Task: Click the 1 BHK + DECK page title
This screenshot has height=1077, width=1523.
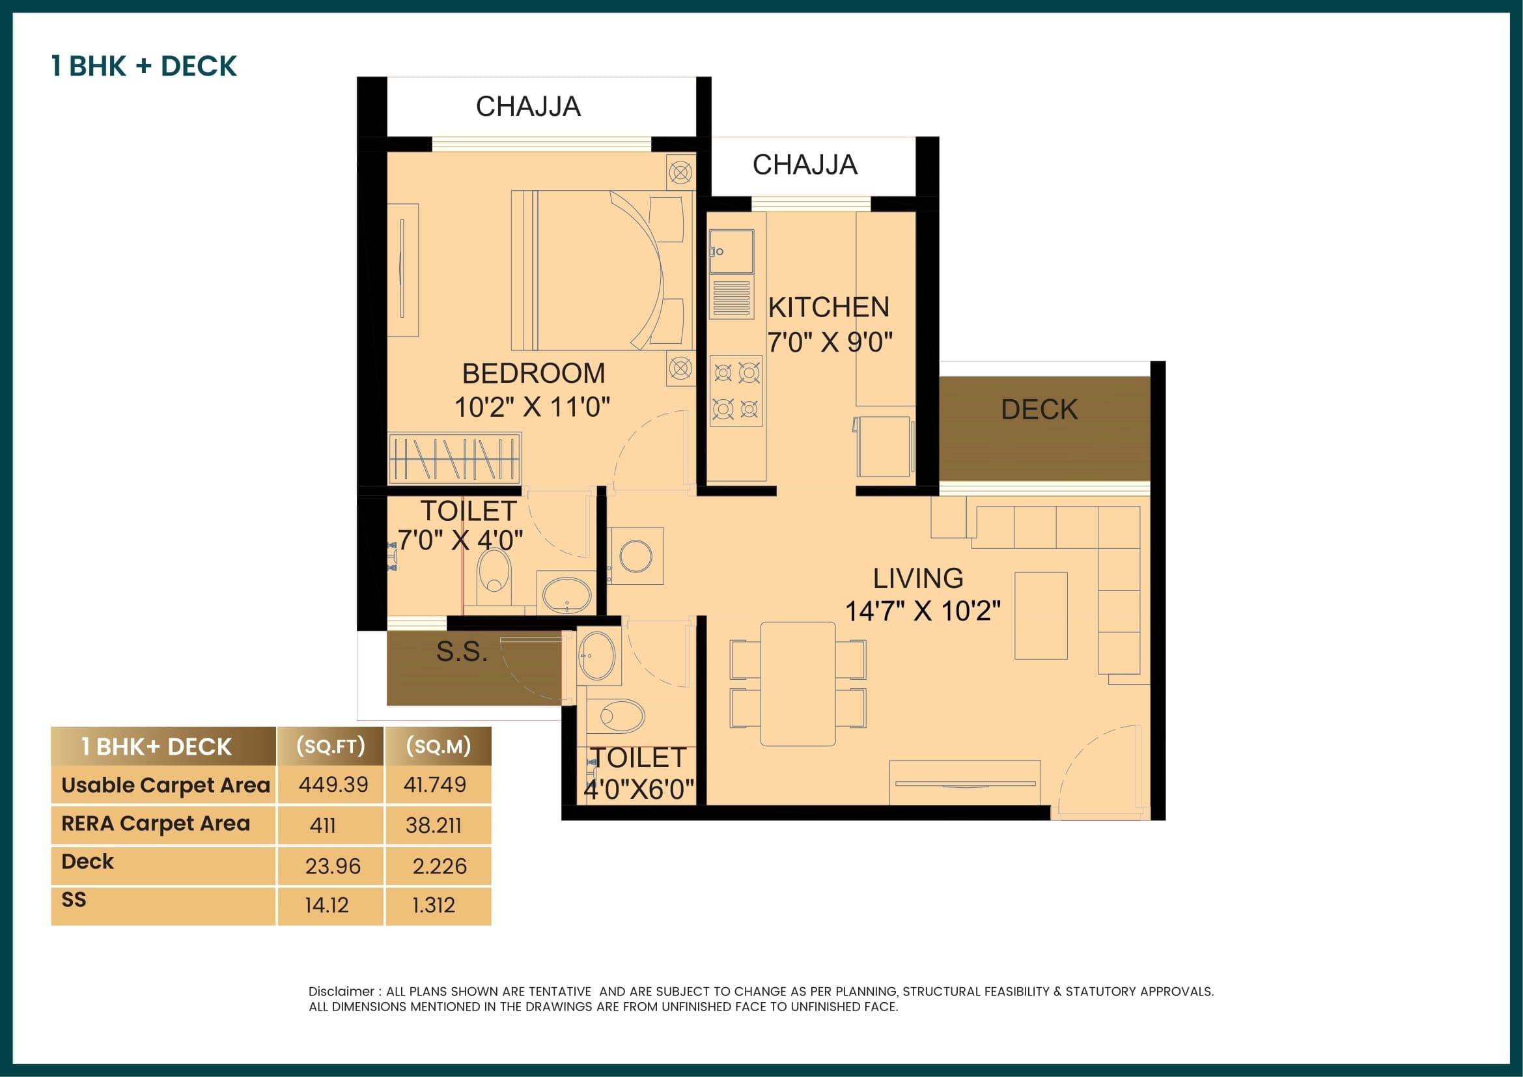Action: [144, 66]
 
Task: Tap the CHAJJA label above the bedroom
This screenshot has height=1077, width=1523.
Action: [528, 107]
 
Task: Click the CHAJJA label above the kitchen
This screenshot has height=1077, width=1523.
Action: [804, 165]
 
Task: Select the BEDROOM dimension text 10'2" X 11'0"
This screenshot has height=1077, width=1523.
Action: [532, 406]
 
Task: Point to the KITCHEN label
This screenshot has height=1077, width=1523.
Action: [828, 308]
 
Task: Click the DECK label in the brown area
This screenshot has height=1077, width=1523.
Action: [1039, 409]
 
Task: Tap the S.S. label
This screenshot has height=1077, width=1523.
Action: [462, 652]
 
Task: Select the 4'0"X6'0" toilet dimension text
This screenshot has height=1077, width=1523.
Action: [639, 789]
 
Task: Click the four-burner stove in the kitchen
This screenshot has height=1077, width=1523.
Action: [736, 391]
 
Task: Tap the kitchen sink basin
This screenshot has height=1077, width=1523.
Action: [732, 251]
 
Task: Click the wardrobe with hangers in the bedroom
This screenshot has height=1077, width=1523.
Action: [454, 458]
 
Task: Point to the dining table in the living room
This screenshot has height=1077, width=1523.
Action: [798, 684]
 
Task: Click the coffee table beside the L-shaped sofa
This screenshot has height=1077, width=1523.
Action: [1040, 615]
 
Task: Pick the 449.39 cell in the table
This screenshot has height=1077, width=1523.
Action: [333, 785]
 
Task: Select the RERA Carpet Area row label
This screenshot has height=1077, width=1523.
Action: [155, 824]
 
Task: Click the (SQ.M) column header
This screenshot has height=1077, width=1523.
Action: [438, 747]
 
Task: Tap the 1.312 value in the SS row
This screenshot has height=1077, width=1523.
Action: [433, 905]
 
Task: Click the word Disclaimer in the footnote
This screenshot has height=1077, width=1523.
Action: [341, 991]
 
